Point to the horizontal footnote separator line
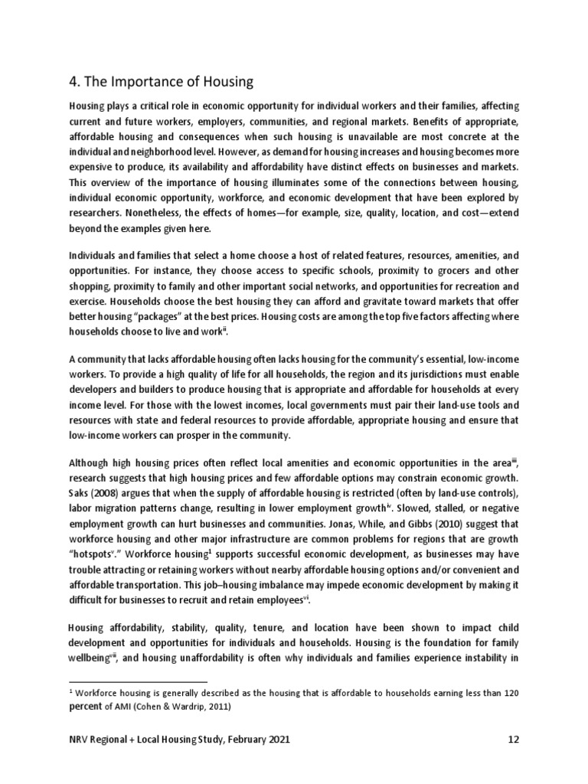(x=138, y=680)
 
